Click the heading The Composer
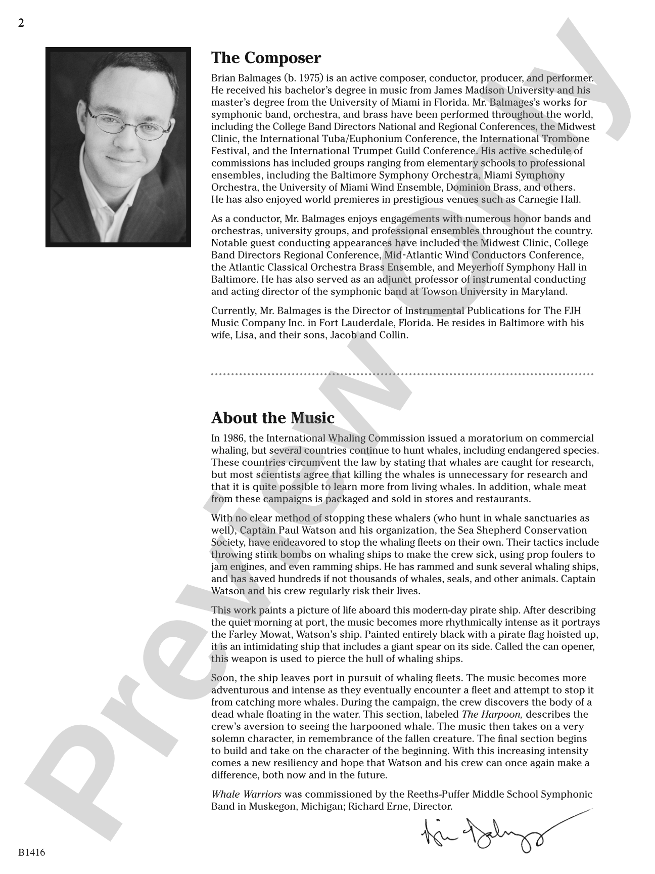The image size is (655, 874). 266,58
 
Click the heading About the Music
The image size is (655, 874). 273,418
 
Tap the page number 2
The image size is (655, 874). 21,23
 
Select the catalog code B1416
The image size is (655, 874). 32,852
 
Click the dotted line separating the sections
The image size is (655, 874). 402,375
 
